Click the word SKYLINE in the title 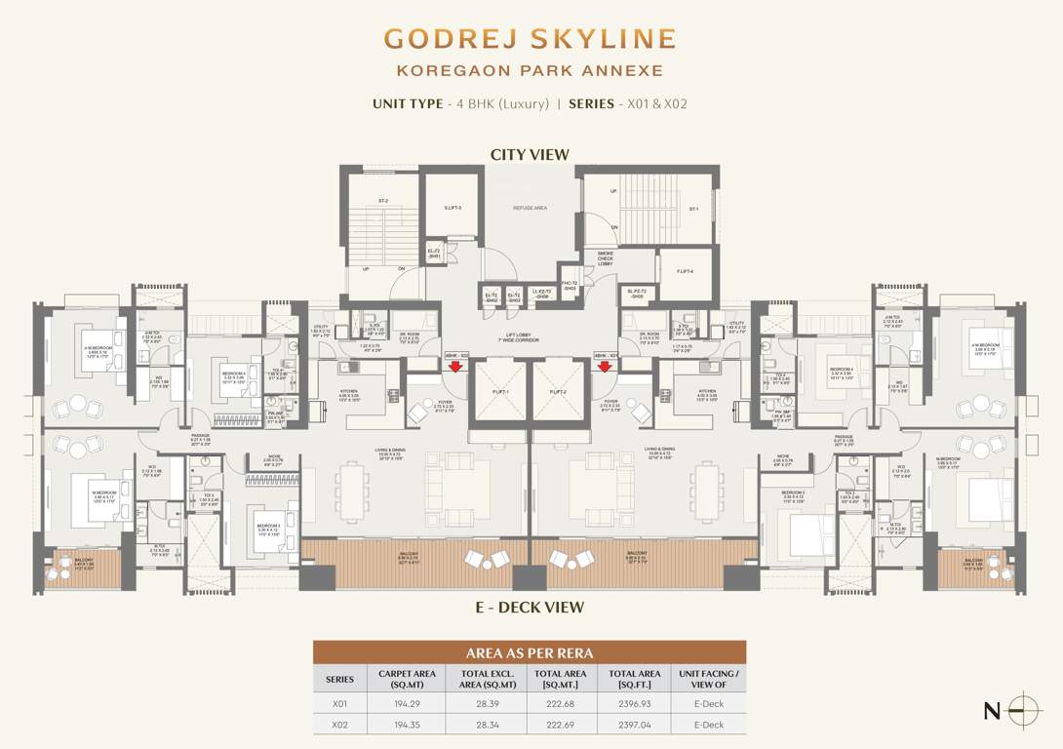pyautogui.click(x=603, y=39)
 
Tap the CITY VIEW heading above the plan pyautogui.click(x=530, y=155)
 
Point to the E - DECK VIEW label pyautogui.click(x=530, y=608)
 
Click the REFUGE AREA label pyautogui.click(x=529, y=208)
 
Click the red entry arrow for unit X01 pyautogui.click(x=455, y=367)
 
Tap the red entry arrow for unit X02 pyautogui.click(x=605, y=367)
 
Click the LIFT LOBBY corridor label pyautogui.click(x=531, y=337)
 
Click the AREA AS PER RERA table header pyautogui.click(x=530, y=652)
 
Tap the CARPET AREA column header pyautogui.click(x=405, y=678)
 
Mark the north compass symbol pyautogui.click(x=1023, y=710)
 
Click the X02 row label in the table pyautogui.click(x=339, y=725)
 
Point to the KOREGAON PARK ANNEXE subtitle pyautogui.click(x=530, y=70)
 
